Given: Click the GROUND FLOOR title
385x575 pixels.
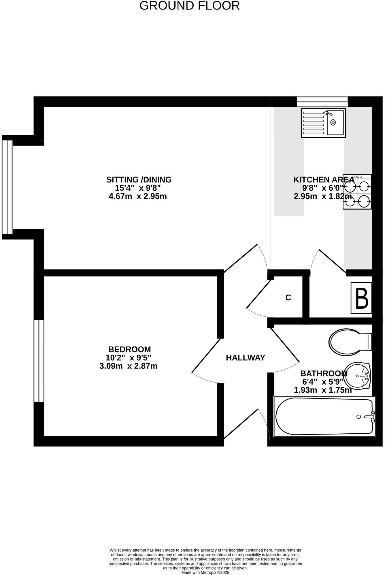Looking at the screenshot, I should coord(190,6).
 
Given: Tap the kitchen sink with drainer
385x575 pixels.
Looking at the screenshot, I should coord(323,123).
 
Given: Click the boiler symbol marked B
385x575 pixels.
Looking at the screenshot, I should coord(361,298).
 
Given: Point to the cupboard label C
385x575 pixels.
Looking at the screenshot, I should coord(288,298).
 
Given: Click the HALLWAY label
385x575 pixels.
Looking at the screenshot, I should coord(245,358).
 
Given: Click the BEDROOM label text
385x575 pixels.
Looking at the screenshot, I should coord(129,349).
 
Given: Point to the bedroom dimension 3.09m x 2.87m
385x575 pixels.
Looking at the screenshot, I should coord(128,366).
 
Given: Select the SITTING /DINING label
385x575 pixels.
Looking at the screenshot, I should coord(139,180).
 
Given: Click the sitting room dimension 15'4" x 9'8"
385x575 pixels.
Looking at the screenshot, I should coord(138,188).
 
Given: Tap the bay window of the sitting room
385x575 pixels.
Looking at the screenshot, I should coord(7,187).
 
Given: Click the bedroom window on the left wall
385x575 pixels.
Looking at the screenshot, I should coord(39,361).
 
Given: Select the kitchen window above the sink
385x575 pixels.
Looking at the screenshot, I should coord(322,102).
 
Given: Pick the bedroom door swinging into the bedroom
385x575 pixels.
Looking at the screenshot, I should coord(206,356).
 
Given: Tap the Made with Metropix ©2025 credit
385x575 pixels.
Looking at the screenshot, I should coord(205,572).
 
